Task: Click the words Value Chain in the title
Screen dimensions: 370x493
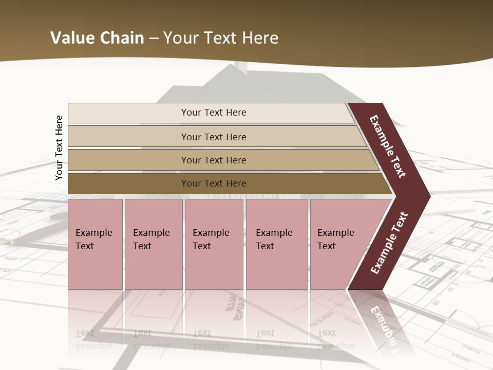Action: (97, 38)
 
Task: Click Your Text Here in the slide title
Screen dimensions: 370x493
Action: (221, 38)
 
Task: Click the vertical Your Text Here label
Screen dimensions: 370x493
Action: (59, 147)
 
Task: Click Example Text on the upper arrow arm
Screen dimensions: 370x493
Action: (388, 146)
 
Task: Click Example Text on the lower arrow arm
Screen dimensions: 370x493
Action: (389, 243)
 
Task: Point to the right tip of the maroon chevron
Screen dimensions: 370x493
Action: (429, 196)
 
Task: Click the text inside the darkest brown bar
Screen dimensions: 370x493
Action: (214, 183)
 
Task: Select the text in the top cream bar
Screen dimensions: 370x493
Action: (214, 113)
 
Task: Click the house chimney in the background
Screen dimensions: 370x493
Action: (239, 68)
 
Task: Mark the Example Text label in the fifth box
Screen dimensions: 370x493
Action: (335, 239)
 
